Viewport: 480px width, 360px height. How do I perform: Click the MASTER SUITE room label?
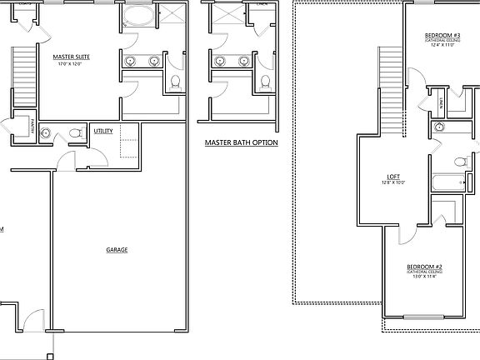click(72, 57)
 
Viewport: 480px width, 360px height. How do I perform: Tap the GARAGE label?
click(117, 249)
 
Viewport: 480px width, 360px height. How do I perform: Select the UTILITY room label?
click(104, 131)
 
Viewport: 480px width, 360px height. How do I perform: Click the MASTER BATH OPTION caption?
click(241, 143)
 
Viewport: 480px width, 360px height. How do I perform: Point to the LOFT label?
click(394, 176)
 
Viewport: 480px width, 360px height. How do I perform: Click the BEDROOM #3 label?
click(442, 35)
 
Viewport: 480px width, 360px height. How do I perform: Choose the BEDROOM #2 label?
click(424, 267)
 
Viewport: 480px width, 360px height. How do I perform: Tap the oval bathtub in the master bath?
click(137, 19)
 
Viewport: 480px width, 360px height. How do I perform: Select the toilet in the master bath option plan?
click(264, 82)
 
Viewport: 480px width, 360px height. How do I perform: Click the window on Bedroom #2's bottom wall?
click(424, 316)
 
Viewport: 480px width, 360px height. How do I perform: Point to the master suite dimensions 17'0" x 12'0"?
click(72, 65)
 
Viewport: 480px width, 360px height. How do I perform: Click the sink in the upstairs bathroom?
click(438, 127)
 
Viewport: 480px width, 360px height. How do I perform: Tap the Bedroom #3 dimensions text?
click(442, 46)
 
